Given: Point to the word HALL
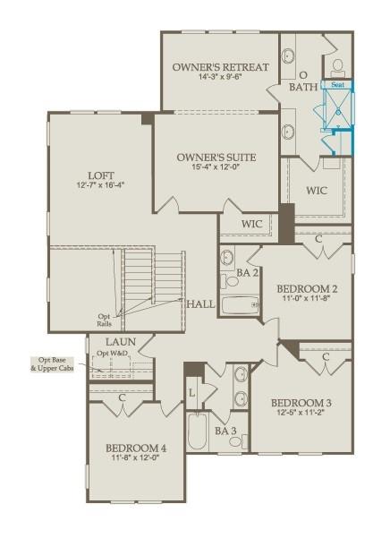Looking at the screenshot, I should (x=200, y=304).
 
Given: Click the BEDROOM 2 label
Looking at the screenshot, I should (x=306, y=288).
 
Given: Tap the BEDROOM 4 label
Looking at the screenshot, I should (x=136, y=448).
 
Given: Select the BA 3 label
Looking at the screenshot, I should (x=226, y=431).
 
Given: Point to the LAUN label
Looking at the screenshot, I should (x=120, y=342).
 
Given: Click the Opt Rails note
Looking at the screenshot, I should (x=106, y=320).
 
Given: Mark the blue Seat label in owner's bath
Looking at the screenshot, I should (x=337, y=85).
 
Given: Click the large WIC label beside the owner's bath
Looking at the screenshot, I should (x=317, y=190).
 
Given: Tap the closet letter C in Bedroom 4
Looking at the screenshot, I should (x=120, y=397).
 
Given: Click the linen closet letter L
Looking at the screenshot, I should (x=191, y=392).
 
